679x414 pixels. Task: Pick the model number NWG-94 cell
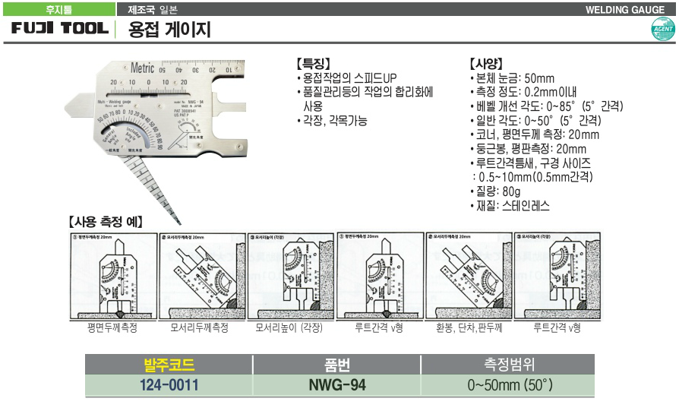(x=337, y=385)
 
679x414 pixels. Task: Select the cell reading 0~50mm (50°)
(x=510, y=385)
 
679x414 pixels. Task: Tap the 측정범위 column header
(x=510, y=364)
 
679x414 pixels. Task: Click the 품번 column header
(x=337, y=364)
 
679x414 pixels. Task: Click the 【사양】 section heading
(x=487, y=64)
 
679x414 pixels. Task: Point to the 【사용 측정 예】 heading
(x=106, y=223)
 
